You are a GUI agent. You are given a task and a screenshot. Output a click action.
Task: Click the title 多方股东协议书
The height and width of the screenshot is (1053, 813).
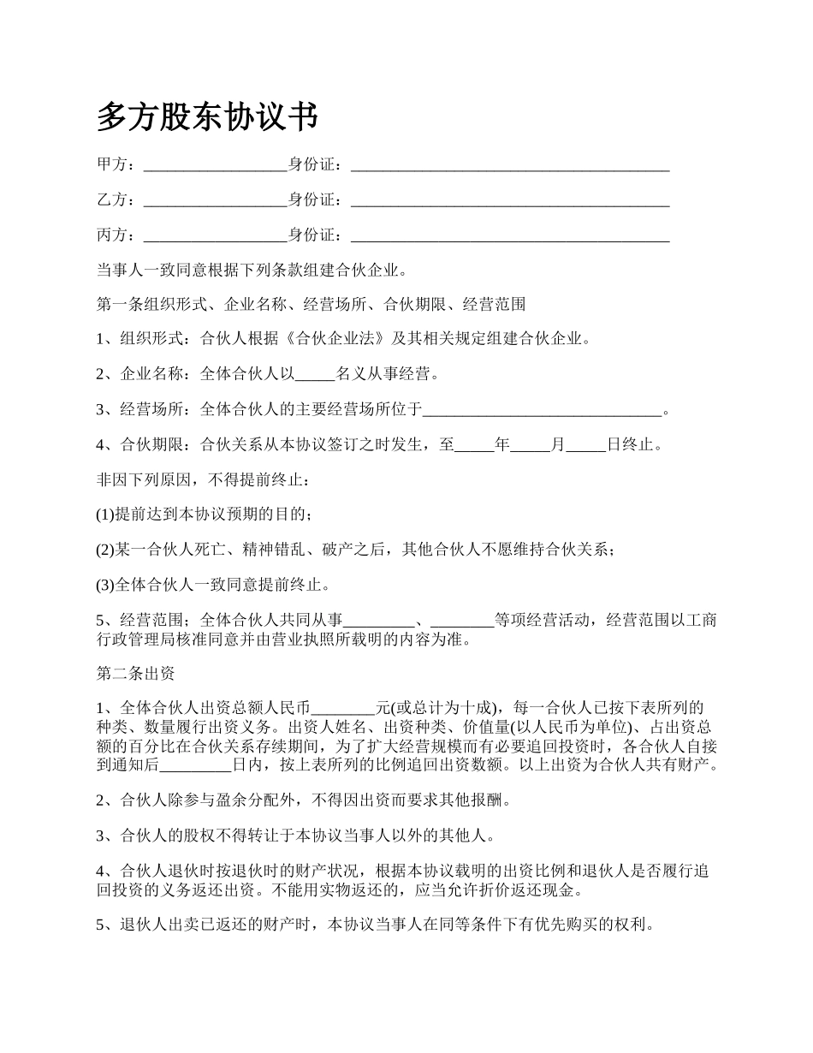[x=207, y=117]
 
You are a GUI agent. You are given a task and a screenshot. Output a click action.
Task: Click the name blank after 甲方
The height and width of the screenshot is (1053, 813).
[x=215, y=165]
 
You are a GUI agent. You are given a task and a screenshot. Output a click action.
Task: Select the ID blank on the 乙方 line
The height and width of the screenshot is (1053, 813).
[x=510, y=200]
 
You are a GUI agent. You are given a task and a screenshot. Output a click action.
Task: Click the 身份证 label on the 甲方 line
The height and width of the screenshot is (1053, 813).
[x=312, y=165]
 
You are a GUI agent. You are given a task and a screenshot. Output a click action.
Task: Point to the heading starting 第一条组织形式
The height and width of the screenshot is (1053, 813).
[x=311, y=304]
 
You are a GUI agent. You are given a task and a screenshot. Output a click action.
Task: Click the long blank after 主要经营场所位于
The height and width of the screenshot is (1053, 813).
[x=543, y=410]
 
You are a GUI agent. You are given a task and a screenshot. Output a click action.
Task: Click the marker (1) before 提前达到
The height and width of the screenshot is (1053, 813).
[x=104, y=515]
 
